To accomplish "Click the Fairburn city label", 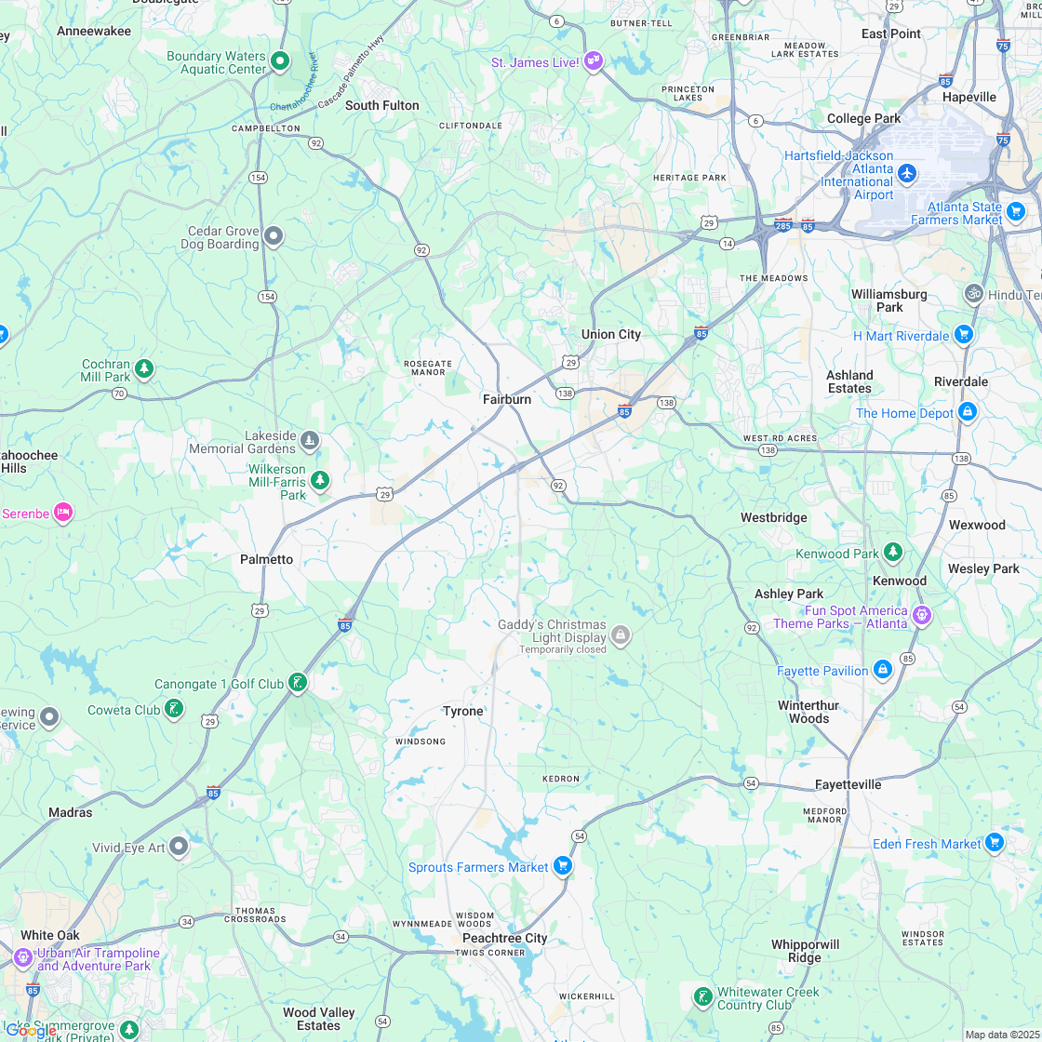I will tap(506, 399).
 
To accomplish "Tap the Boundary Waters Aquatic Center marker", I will tap(280, 62).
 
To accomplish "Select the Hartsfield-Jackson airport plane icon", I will tap(907, 173).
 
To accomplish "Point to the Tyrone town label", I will tap(462, 711).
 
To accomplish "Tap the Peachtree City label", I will tap(504, 938).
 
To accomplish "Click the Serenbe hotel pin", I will tap(63, 512).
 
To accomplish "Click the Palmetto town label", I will tap(266, 559).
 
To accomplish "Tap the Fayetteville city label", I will tap(848, 784).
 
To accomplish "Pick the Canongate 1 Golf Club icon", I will tap(297, 684).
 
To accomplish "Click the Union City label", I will tap(610, 334).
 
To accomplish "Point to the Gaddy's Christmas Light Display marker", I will tap(621, 636).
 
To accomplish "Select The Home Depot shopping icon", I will tap(968, 411).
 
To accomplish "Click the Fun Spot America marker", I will tap(921, 614).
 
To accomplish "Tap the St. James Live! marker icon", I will tap(594, 61).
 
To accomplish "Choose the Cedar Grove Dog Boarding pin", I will tap(273, 236).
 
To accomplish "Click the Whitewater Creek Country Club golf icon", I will tap(702, 997).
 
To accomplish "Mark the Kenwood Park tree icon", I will tap(892, 553).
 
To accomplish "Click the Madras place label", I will tap(71, 812).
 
